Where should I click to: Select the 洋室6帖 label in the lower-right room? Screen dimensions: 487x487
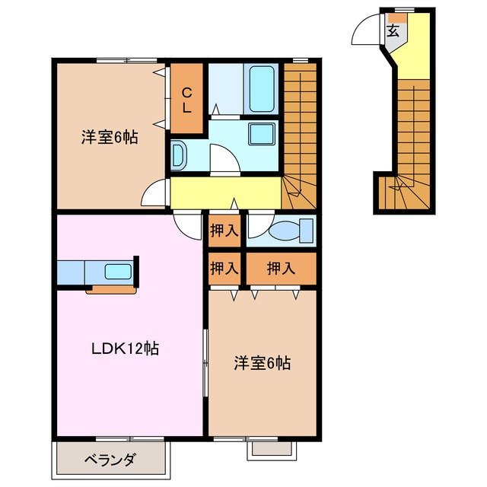261,363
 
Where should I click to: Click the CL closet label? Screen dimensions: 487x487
186,100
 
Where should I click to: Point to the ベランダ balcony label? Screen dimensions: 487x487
110,460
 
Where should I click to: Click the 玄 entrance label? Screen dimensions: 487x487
393,31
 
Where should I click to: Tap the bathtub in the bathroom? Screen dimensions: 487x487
263,88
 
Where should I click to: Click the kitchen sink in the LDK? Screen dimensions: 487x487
118,272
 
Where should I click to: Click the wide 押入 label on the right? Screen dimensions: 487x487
280,268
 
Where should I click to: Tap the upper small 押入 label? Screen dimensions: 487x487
223,231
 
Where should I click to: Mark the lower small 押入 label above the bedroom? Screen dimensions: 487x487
223,268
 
